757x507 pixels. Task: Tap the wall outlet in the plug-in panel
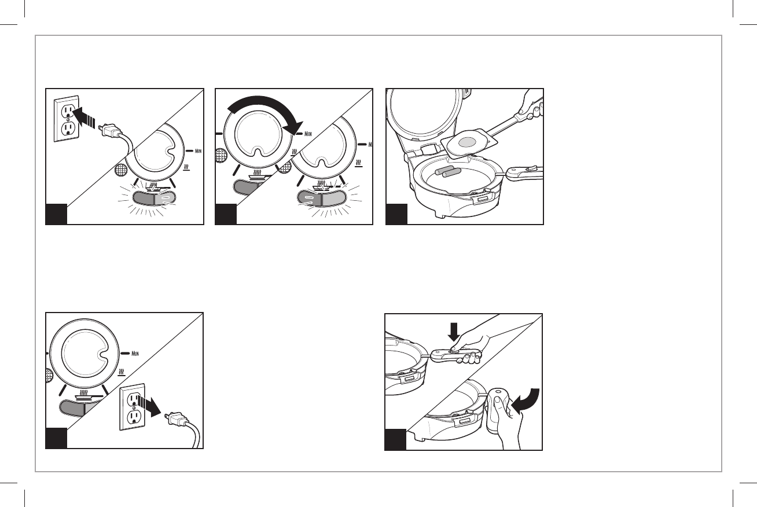tap(66, 119)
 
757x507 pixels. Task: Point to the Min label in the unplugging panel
tap(135, 354)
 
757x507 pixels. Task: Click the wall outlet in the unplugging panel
tap(132, 407)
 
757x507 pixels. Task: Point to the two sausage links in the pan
tap(446, 171)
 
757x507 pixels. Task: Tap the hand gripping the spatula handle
tap(532, 103)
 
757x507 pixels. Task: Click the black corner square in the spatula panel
tap(396, 214)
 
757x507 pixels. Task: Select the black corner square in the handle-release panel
tap(395, 440)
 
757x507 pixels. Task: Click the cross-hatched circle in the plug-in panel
tap(120, 170)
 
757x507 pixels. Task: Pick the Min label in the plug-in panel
tap(198, 150)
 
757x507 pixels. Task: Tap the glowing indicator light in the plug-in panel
tap(154, 199)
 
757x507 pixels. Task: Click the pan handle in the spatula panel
tap(524, 173)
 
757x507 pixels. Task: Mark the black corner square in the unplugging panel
tap(57, 438)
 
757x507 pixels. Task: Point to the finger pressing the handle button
tap(454, 350)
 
